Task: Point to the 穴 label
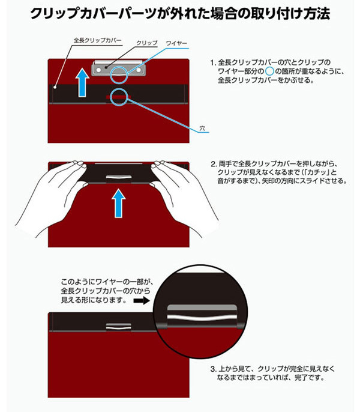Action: pyautogui.click(x=202, y=129)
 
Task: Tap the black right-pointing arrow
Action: pyautogui.click(x=141, y=298)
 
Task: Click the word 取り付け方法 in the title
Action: pyautogui.click(x=288, y=13)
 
